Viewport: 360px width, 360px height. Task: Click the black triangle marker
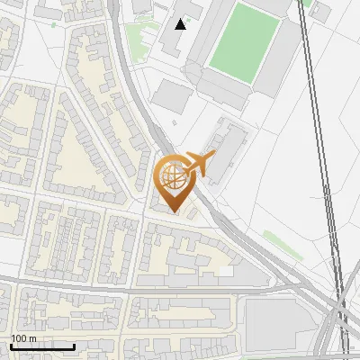[x=181, y=23]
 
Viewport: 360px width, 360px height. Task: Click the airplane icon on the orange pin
[x=200, y=163]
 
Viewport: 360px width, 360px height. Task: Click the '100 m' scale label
[x=23, y=338]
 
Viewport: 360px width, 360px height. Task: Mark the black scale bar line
[x=42, y=346]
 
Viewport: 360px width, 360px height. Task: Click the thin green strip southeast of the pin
[x=282, y=245]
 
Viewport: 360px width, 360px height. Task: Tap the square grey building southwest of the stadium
[x=171, y=94]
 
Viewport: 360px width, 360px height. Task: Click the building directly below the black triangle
[x=180, y=42]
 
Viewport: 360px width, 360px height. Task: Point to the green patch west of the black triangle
[x=135, y=36]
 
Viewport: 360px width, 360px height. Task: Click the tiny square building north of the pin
[x=175, y=122]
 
